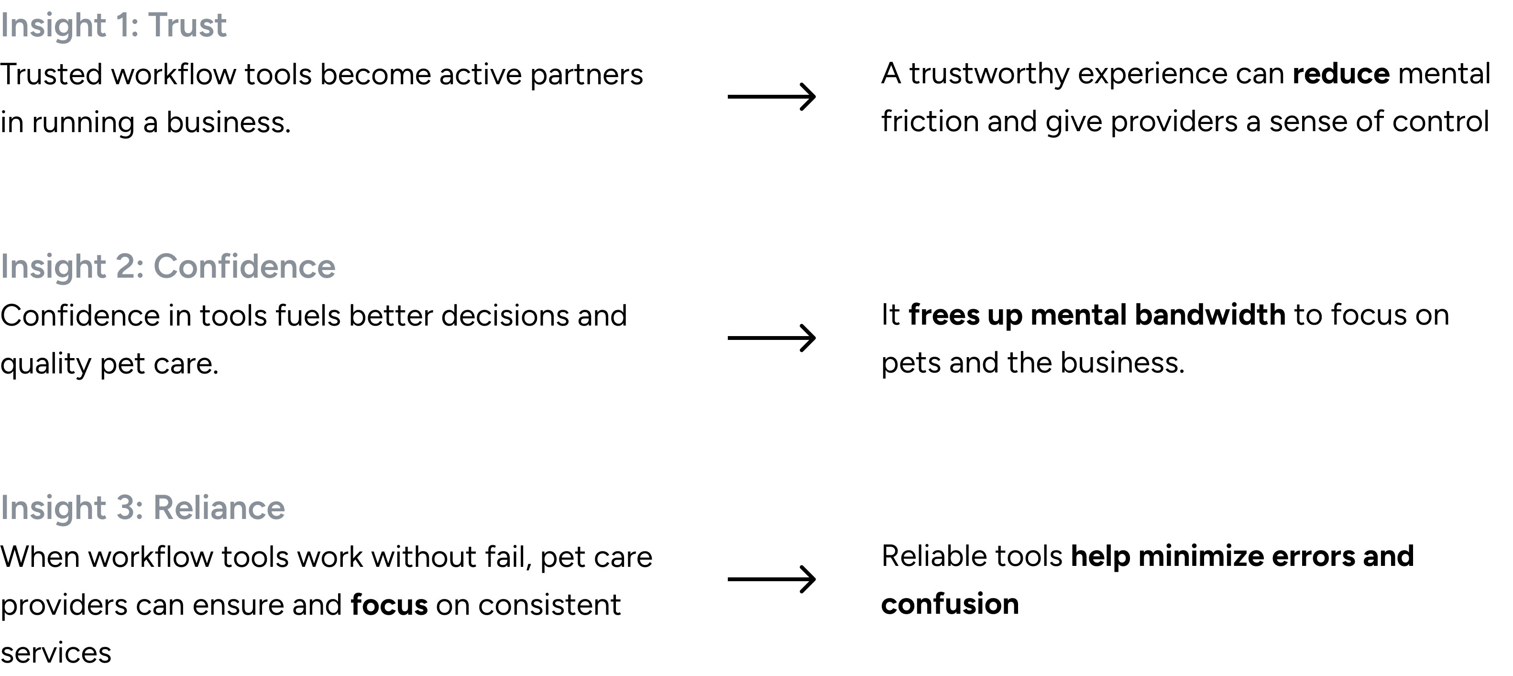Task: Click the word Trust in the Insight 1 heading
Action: tap(187, 26)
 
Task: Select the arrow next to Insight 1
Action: tap(772, 96)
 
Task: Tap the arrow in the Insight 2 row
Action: tap(772, 338)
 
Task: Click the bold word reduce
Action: tap(1341, 74)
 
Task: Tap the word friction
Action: tap(930, 121)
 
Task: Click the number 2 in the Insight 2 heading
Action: tap(126, 267)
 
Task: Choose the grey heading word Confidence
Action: tap(244, 267)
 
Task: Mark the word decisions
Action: tap(504, 315)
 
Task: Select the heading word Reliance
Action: tap(219, 508)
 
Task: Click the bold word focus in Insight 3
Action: tap(389, 605)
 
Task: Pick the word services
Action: tap(56, 653)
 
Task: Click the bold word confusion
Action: tap(950, 604)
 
